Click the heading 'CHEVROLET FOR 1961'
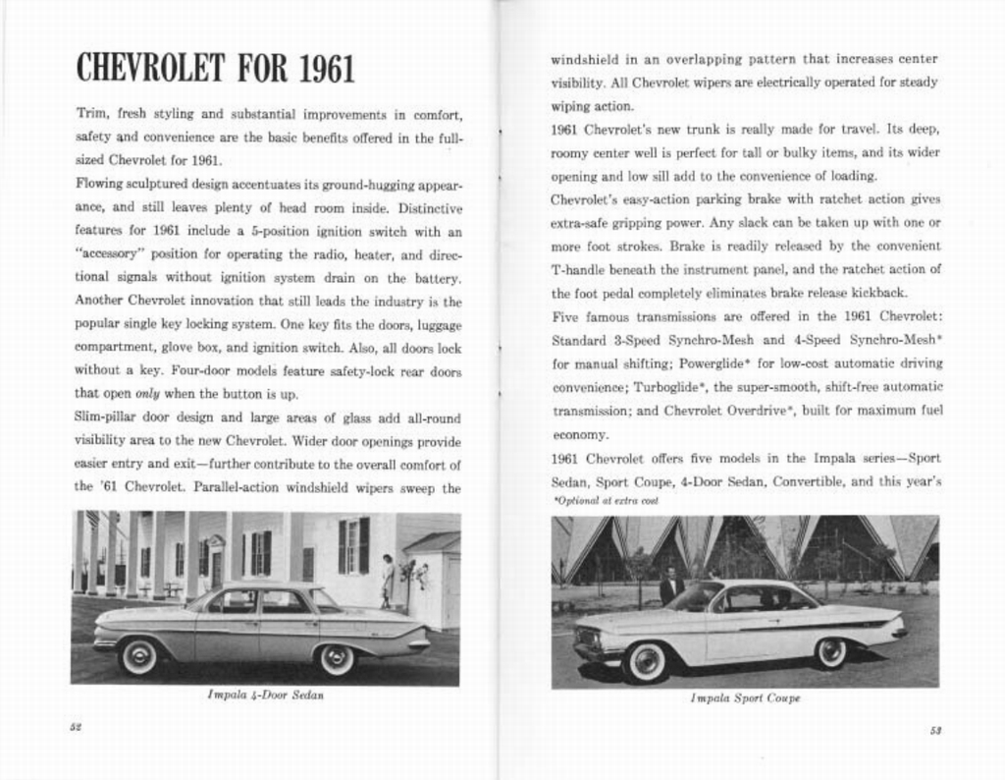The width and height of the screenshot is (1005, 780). pos(215,69)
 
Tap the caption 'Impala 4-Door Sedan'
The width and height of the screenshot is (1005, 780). pos(265,695)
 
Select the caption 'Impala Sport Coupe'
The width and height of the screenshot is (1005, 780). pos(745,697)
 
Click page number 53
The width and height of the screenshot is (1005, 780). pos(935,729)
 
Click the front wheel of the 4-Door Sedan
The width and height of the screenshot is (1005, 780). pos(138,655)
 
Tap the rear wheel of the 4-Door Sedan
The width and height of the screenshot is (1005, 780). pos(336,658)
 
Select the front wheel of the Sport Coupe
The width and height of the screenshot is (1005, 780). pos(646,660)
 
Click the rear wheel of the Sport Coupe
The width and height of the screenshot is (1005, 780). pos(830,652)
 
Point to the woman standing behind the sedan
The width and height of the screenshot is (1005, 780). pos(388,580)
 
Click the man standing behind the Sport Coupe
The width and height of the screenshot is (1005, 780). pos(671,585)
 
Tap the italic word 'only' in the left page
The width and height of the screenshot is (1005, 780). pos(147,394)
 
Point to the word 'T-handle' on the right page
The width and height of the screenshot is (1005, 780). pos(578,269)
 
